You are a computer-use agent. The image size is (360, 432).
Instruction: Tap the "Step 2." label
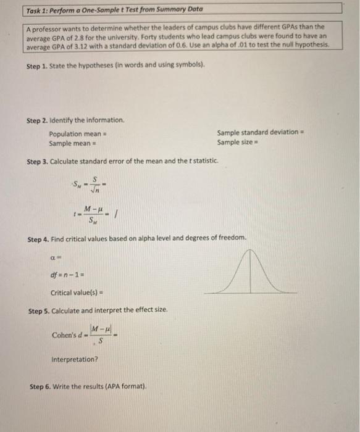click(x=40, y=120)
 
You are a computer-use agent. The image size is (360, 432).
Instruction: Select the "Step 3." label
click(x=38, y=162)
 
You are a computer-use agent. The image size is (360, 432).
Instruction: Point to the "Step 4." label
click(x=40, y=238)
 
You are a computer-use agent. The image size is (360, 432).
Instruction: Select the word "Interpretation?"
click(x=75, y=359)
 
